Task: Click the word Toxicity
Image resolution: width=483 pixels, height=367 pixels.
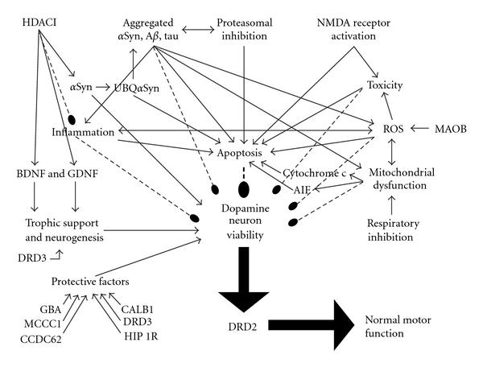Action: tap(385, 85)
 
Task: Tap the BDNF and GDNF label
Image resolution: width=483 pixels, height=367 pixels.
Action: tap(50, 172)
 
